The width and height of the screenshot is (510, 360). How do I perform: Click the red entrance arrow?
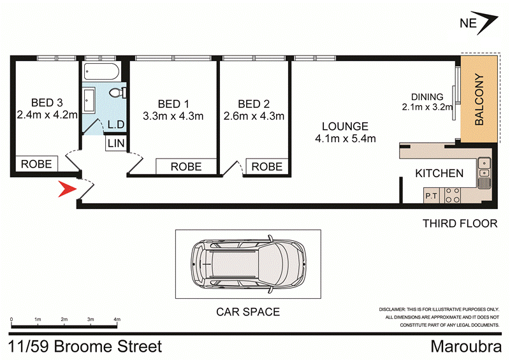(66, 189)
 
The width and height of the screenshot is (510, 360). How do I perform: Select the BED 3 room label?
(47, 103)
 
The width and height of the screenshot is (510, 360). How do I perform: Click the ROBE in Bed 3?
(37, 164)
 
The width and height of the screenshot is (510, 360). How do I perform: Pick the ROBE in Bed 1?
(186, 167)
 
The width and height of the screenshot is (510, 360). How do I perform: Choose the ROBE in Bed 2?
(266, 166)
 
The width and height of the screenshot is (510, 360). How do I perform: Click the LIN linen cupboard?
(115, 144)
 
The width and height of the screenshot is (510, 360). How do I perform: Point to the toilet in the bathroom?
(117, 94)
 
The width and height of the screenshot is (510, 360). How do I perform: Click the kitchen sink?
(484, 168)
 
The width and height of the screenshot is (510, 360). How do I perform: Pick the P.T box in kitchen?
(432, 196)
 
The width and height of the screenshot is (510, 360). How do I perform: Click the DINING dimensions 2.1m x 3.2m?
(427, 107)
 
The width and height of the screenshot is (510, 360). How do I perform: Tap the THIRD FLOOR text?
(460, 223)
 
